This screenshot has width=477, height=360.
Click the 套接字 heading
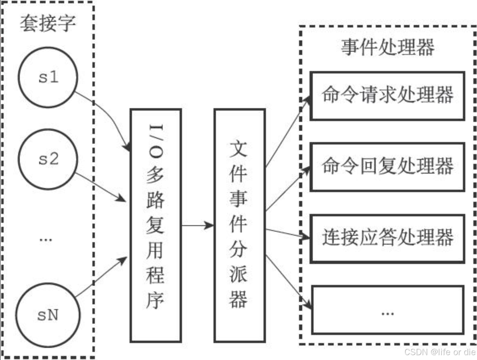click(x=48, y=23)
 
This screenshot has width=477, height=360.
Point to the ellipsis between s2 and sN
click(x=46, y=239)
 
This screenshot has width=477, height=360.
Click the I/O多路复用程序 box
click(x=155, y=225)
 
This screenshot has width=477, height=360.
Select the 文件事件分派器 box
click(x=239, y=225)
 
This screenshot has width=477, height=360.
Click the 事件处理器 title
click(x=387, y=48)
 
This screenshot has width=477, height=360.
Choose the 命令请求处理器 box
click(x=387, y=96)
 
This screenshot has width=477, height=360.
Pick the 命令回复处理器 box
click(x=387, y=167)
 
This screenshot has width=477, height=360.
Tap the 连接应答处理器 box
click(x=387, y=238)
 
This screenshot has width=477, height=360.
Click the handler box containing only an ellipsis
click(x=387, y=310)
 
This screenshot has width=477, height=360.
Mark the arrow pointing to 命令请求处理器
click(x=287, y=131)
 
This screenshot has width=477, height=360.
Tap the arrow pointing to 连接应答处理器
click(x=287, y=233)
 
